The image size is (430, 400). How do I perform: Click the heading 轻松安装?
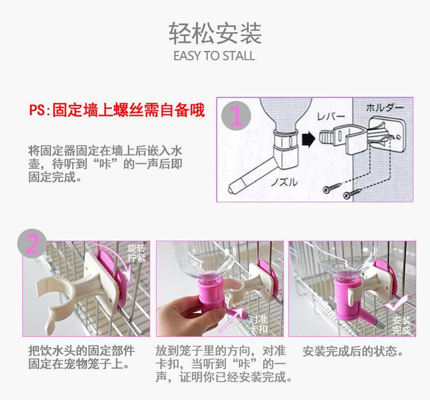pos(215,33)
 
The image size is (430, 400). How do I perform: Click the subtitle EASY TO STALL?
pos(214,56)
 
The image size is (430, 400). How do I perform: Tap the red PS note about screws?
pos(117,110)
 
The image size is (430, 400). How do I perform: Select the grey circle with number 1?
pos(236,116)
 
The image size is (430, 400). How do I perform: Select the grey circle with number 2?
pos(32,244)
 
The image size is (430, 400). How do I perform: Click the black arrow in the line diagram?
pos(308,139)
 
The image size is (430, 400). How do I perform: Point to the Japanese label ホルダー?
pos(385,108)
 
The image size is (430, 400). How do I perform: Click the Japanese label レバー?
pos(331,117)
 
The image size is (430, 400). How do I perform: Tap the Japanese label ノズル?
pos(284,182)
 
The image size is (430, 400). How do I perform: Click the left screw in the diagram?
pos(332,187)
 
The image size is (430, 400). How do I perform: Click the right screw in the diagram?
pos(353,193)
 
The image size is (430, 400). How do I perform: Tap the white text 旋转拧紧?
pos(136,253)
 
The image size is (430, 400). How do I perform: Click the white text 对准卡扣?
pos(258,324)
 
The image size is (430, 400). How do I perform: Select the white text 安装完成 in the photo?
pos(401,325)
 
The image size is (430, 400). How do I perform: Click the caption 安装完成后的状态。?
pos(353,351)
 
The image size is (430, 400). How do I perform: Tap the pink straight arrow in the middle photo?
pos(230,320)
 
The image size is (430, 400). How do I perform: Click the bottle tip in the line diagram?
pos(230,189)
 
